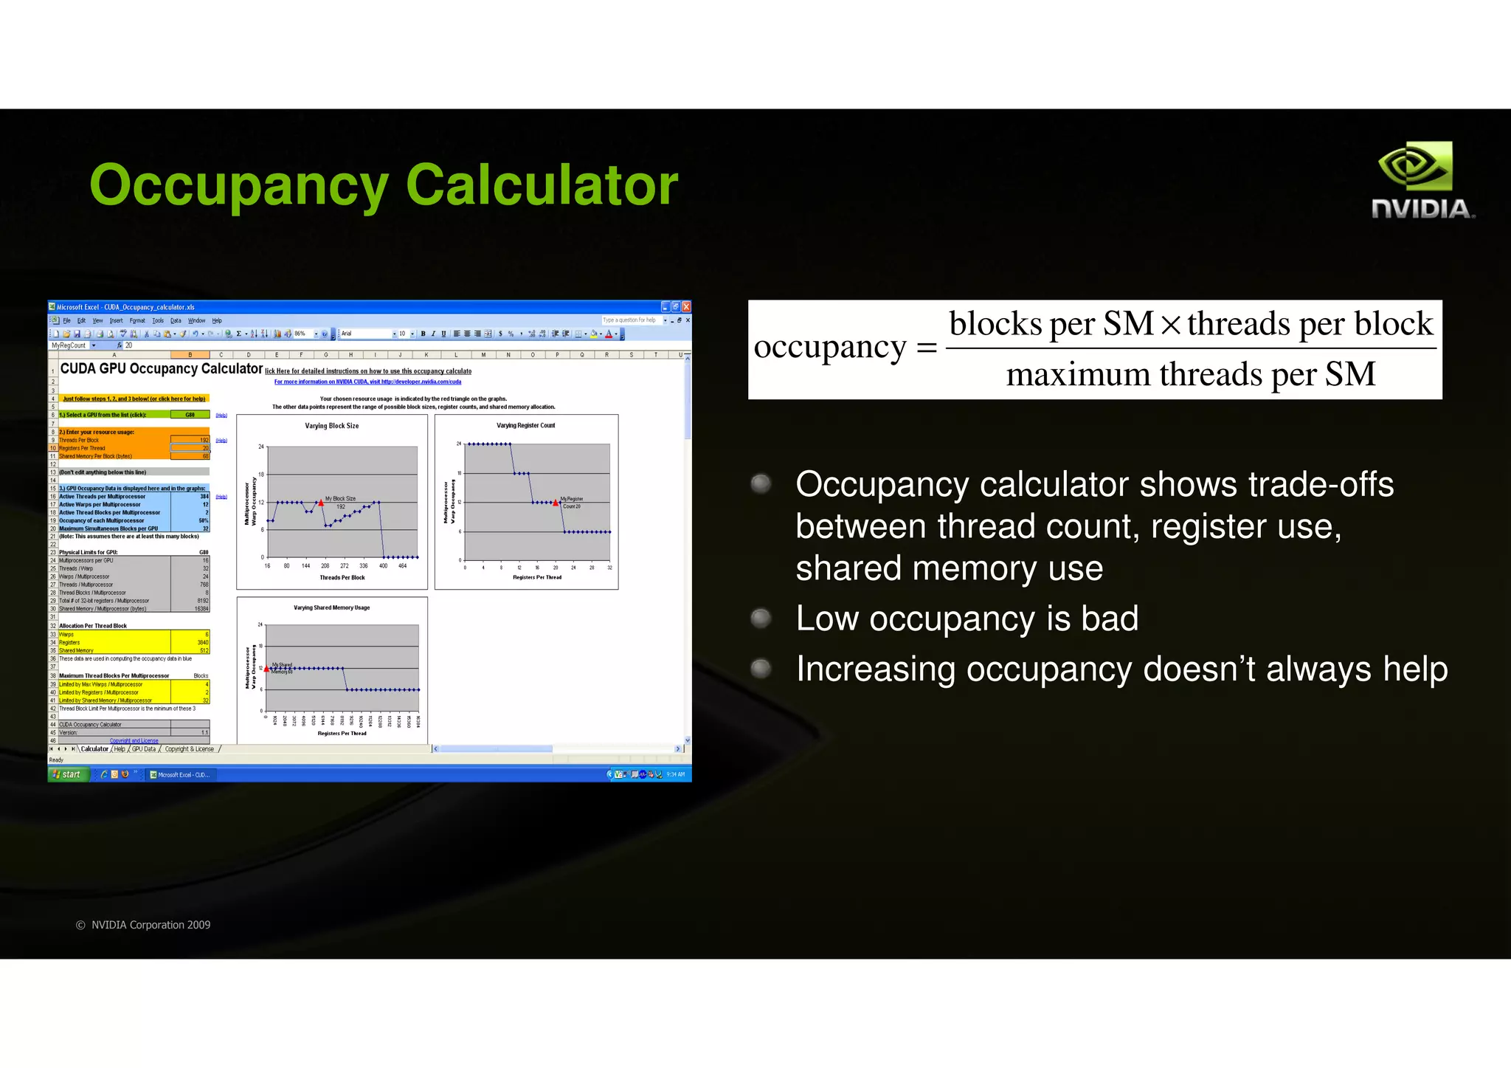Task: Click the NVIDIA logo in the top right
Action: click(x=1422, y=181)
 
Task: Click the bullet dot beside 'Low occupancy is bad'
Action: click(x=761, y=618)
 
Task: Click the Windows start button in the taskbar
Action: click(x=68, y=774)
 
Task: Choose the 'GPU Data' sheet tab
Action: click(x=144, y=749)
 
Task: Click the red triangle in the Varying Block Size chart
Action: click(x=321, y=503)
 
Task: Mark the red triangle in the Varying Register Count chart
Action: click(x=556, y=503)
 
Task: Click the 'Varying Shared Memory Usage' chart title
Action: click(x=332, y=608)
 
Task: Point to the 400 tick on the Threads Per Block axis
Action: click(x=383, y=566)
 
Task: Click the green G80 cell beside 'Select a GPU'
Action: click(x=190, y=415)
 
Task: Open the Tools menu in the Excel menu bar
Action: click(x=158, y=320)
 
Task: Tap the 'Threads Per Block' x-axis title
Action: click(x=342, y=578)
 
